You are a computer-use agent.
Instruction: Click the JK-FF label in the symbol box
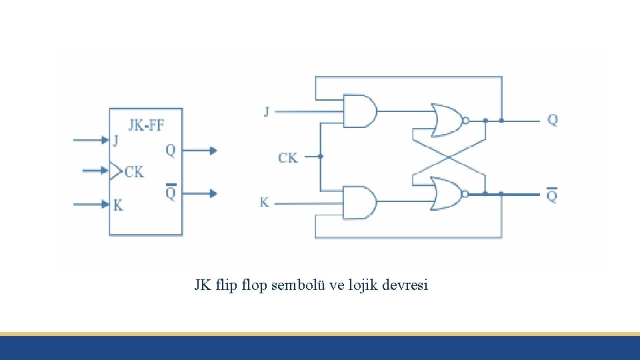146,124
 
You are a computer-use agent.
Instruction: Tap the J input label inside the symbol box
116,141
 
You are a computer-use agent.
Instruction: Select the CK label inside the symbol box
133,171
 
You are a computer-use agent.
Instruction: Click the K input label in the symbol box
118,205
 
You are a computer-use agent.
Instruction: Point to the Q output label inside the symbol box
171,151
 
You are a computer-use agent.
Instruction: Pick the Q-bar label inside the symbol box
171,193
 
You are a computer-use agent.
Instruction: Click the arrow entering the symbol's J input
91,140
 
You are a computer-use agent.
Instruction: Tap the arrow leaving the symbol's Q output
200,151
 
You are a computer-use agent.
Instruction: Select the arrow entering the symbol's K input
91,204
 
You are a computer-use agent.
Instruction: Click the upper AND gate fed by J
359,111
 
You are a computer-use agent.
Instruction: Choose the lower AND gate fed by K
359,203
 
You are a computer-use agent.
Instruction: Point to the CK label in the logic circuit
288,157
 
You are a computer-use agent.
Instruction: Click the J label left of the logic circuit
267,111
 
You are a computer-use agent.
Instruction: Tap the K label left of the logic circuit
265,202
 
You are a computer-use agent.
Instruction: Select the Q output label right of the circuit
553,120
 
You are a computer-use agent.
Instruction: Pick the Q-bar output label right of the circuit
552,195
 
